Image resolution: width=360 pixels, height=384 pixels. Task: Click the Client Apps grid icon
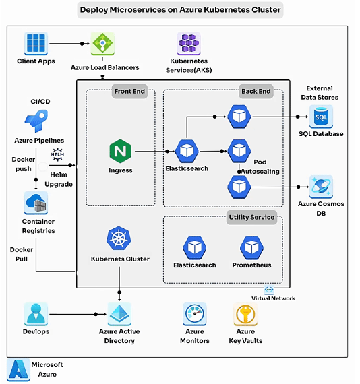click(x=36, y=44)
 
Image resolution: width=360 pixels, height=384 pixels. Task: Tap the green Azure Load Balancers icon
click(x=102, y=44)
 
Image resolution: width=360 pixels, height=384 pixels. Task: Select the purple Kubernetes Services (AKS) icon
click(x=189, y=44)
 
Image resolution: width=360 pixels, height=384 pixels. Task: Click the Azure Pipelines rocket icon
click(x=36, y=121)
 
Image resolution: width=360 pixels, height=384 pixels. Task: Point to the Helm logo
click(x=57, y=154)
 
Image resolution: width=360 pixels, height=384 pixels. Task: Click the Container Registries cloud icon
click(x=36, y=203)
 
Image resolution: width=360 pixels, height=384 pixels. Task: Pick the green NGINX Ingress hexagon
click(x=120, y=151)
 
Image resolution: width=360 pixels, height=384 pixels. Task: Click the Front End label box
click(x=129, y=92)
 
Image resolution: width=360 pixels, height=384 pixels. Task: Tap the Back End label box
click(x=256, y=92)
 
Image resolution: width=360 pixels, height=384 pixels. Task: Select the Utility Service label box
click(x=251, y=217)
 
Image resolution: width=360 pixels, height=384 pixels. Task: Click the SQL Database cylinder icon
click(x=321, y=117)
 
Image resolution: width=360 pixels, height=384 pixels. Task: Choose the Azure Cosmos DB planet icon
click(x=321, y=187)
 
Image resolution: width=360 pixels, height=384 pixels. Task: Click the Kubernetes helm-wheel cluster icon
click(x=119, y=238)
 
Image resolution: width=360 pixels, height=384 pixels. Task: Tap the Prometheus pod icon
click(x=251, y=248)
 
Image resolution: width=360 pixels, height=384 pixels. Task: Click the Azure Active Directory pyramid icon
click(x=119, y=314)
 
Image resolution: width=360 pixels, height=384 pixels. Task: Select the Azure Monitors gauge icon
click(x=195, y=314)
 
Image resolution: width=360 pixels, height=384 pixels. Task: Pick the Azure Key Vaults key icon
click(x=245, y=314)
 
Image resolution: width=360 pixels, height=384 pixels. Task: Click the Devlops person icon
click(x=36, y=314)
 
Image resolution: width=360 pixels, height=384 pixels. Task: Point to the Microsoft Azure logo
click(x=18, y=370)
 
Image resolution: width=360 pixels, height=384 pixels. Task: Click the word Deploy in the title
click(x=94, y=10)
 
